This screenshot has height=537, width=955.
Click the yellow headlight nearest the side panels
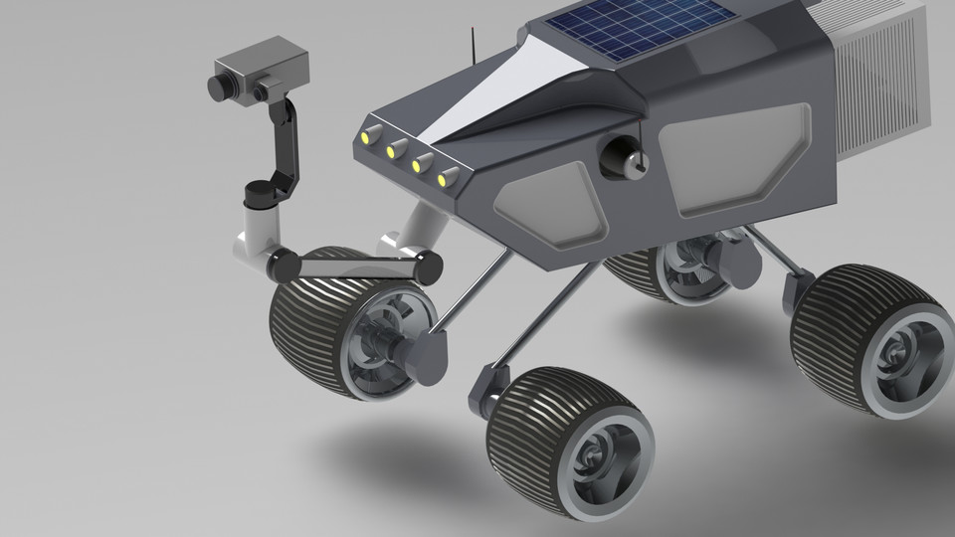[x=448, y=179]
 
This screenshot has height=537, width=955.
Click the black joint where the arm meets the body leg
[x=429, y=266]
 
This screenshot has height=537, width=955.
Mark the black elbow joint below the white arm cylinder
[x=282, y=265]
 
